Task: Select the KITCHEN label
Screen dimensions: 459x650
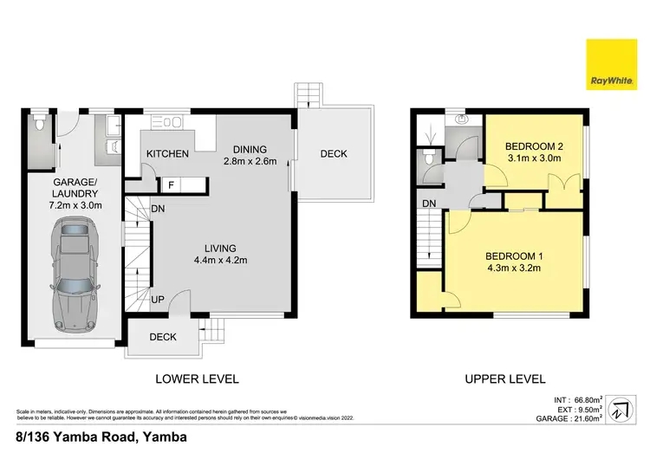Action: click(x=167, y=153)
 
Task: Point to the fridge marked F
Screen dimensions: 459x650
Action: click(x=171, y=184)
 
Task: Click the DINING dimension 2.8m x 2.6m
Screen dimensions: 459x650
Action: click(x=250, y=161)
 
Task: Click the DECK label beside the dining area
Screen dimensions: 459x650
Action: click(x=334, y=154)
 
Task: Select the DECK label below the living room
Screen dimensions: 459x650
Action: click(x=163, y=338)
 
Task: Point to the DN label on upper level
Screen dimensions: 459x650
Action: click(x=429, y=204)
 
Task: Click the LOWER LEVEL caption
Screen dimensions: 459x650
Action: click(x=197, y=378)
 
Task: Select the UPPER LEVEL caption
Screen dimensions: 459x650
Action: click(x=504, y=378)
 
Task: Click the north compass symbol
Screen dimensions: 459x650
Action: click(x=621, y=411)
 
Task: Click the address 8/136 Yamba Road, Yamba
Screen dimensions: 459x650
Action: click(x=101, y=437)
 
